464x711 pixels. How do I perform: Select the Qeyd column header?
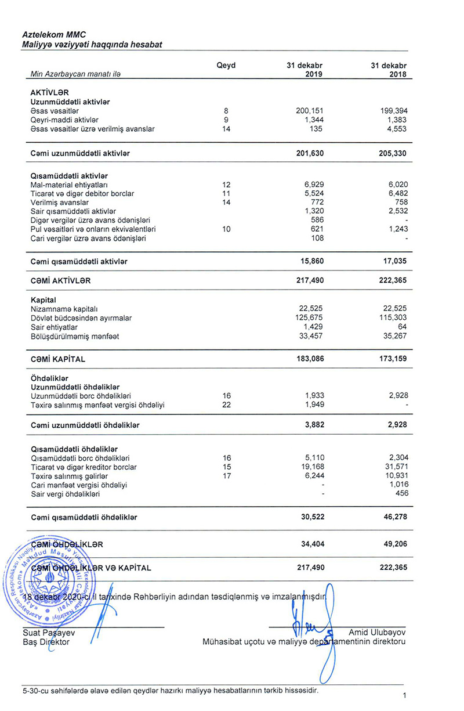point(226,66)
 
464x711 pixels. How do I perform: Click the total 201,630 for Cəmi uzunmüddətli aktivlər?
point(310,153)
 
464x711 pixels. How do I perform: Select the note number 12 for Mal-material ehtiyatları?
point(226,184)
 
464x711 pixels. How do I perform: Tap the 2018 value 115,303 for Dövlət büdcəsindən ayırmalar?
point(392,318)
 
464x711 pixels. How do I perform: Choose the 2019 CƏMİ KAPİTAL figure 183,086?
point(310,359)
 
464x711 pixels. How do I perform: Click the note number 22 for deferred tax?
point(226,405)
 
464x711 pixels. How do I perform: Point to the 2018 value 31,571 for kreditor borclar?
point(394,467)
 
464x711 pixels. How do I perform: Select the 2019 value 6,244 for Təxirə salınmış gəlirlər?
point(314,475)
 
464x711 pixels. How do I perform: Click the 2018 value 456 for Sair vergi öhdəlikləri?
point(400,493)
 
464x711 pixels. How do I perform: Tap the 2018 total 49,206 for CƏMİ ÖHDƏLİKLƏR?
point(394,545)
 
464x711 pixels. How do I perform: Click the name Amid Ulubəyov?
point(377,632)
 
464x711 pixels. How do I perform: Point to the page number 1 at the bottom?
point(404,695)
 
